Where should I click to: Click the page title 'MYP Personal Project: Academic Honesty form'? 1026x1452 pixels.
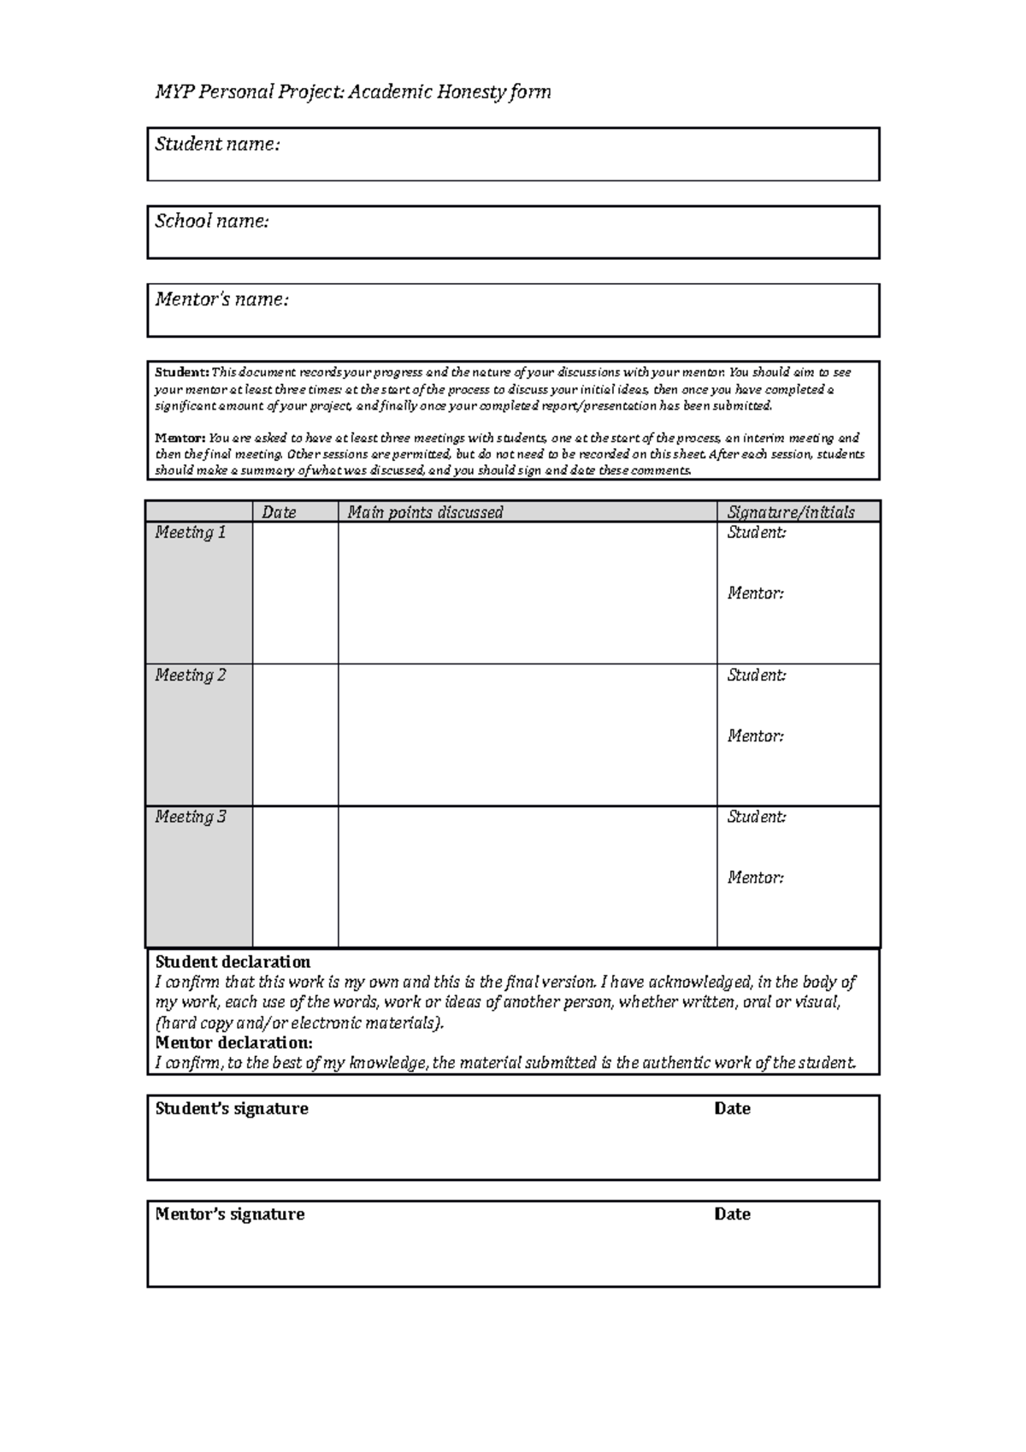pyautogui.click(x=352, y=91)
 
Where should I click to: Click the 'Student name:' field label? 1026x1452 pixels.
pyautogui.click(x=217, y=144)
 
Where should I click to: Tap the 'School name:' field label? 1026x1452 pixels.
pyautogui.click(x=211, y=221)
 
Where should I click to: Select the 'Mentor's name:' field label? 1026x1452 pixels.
pyautogui.click(x=221, y=299)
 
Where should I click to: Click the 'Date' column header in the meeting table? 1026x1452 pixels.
pyautogui.click(x=279, y=512)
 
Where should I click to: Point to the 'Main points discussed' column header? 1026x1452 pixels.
pyautogui.click(x=425, y=512)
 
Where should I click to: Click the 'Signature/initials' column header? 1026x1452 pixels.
pyautogui.click(x=790, y=512)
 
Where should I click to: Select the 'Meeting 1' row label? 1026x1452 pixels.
pyautogui.click(x=190, y=533)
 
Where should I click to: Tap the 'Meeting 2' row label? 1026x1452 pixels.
pyautogui.click(x=190, y=676)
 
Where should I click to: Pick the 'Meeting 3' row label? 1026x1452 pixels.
pyautogui.click(x=190, y=817)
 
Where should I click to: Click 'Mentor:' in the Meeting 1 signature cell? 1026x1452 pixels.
pyautogui.click(x=755, y=593)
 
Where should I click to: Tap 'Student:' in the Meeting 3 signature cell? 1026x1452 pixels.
pyautogui.click(x=756, y=817)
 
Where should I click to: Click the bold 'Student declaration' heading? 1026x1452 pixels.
pyautogui.click(x=233, y=962)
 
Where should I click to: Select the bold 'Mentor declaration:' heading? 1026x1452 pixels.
pyautogui.click(x=233, y=1042)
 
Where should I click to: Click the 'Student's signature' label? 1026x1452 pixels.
pyautogui.click(x=232, y=1108)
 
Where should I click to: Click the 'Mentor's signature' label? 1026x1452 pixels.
pyautogui.click(x=229, y=1214)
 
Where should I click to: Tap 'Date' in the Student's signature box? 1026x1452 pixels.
pyautogui.click(x=732, y=1108)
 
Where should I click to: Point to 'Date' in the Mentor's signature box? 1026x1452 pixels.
pyautogui.click(x=732, y=1214)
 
